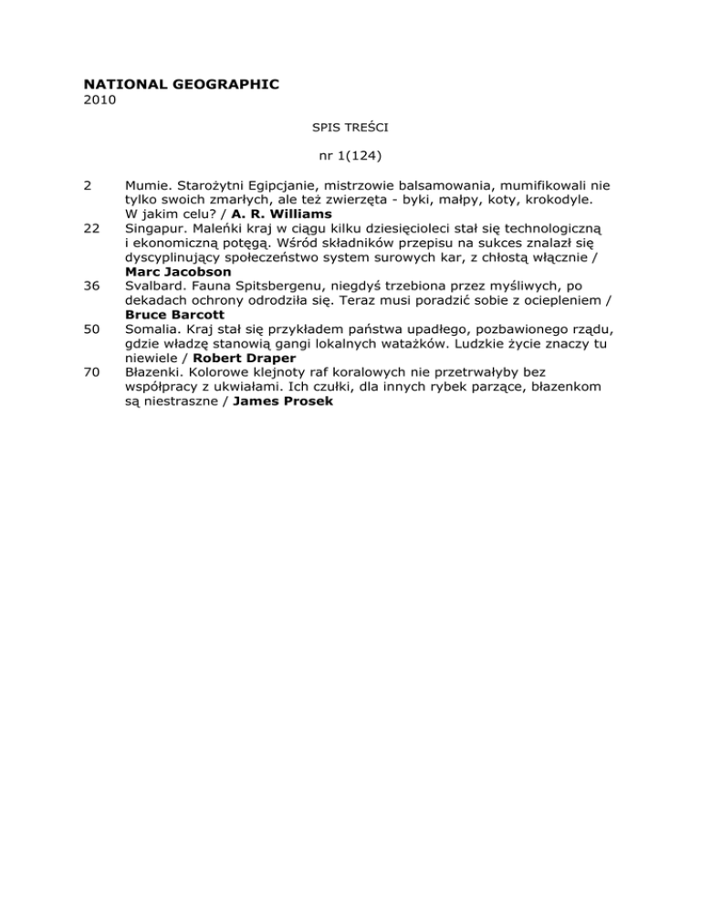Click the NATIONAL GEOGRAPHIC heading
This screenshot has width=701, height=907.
click(175, 84)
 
